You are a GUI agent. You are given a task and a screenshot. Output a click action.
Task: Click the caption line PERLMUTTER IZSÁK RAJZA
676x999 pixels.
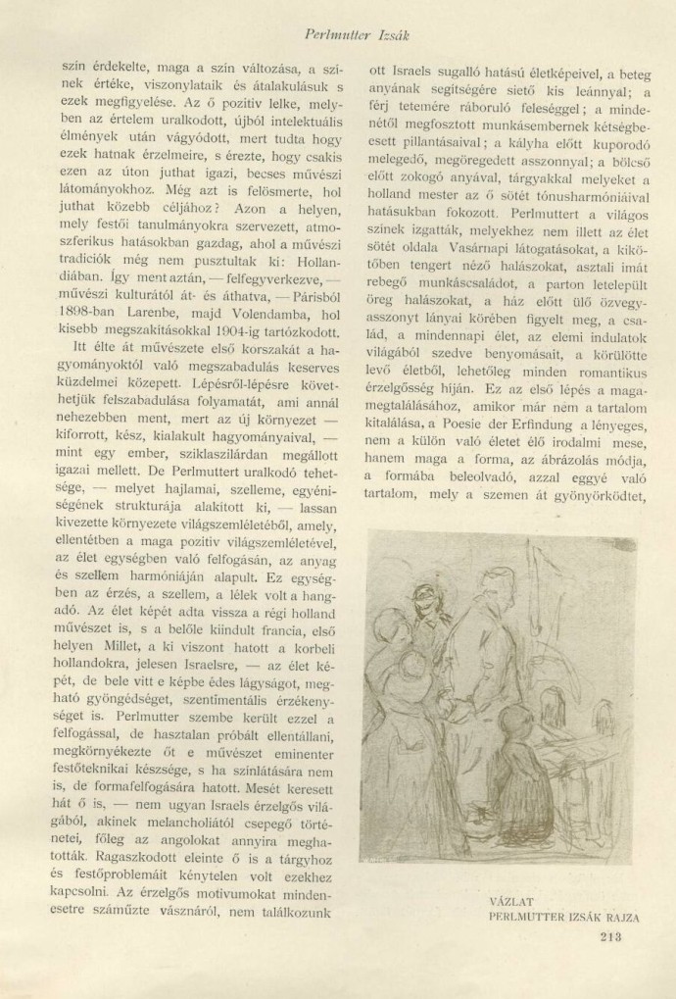pos(563,918)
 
